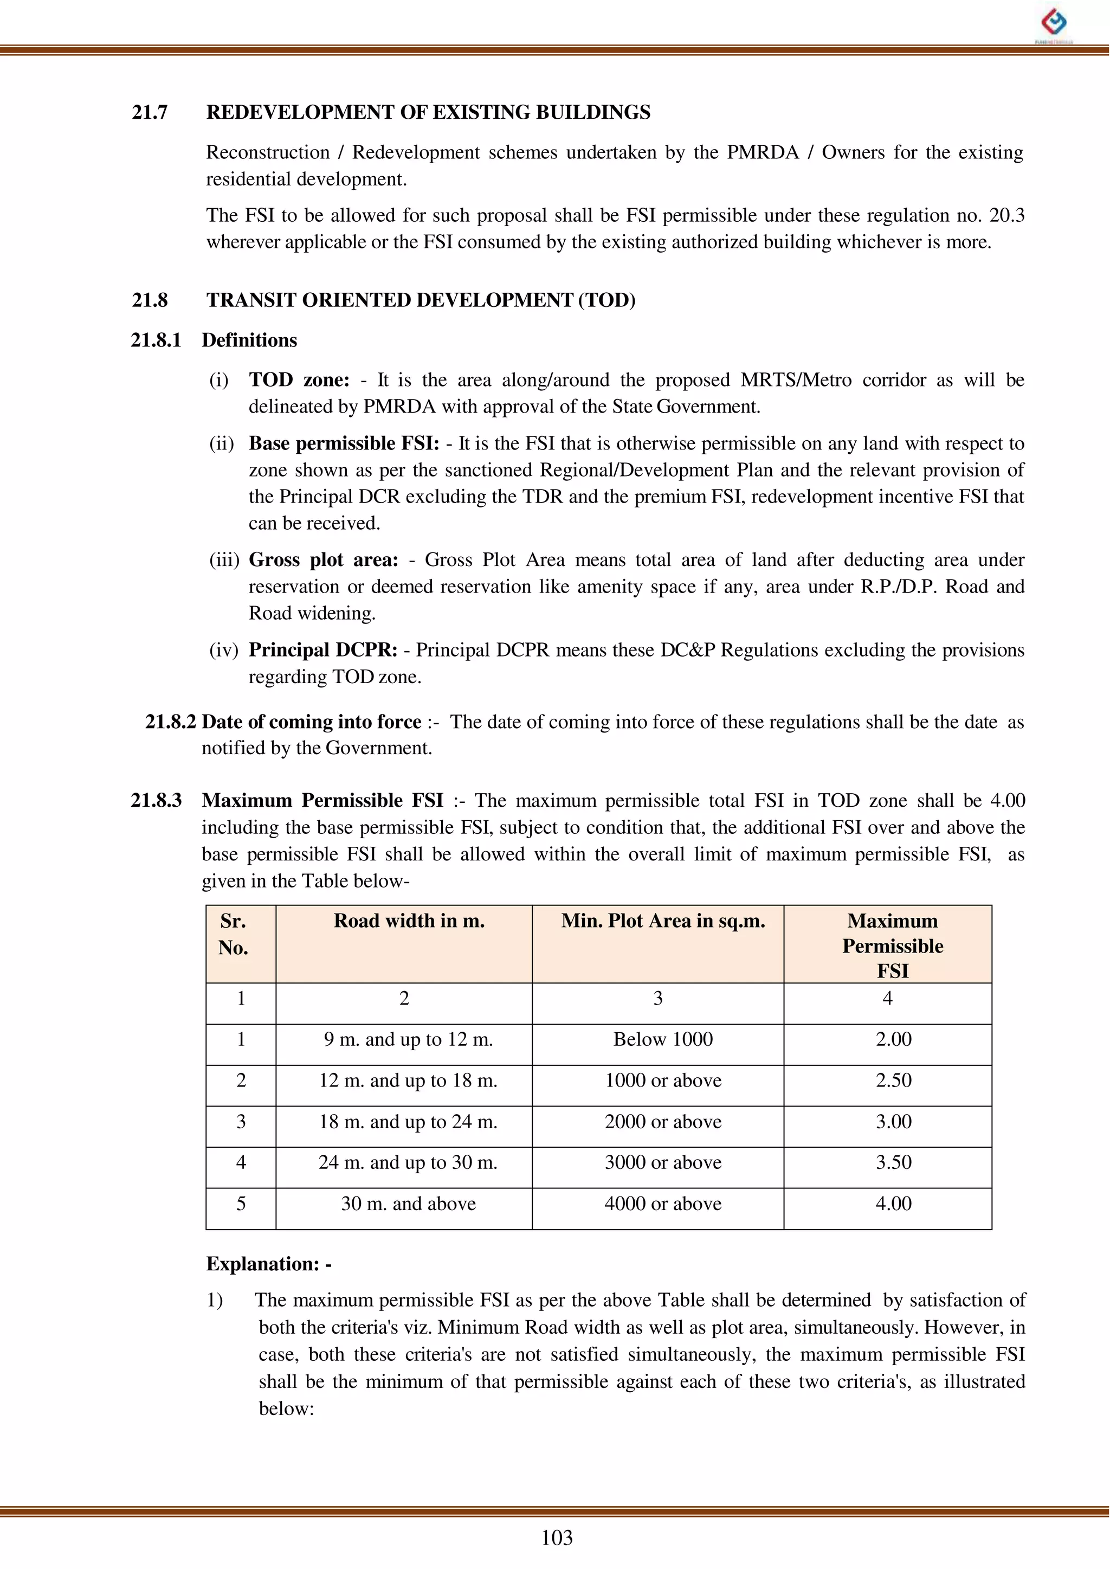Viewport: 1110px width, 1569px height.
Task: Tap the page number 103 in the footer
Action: tap(557, 1538)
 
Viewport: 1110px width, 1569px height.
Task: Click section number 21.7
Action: tap(150, 113)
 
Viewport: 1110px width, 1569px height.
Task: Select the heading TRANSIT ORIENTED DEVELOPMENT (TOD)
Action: tap(421, 300)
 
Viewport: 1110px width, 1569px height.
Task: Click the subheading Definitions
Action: tap(249, 340)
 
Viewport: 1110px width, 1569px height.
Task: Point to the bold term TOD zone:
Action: tap(299, 380)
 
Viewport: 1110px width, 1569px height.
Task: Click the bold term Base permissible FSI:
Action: tap(344, 443)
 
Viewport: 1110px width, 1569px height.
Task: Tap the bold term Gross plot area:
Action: tap(323, 560)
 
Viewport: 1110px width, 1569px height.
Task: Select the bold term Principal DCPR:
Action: tap(322, 650)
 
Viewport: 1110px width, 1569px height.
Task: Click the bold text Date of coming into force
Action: tap(311, 722)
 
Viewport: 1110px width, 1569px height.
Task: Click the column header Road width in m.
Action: tap(409, 921)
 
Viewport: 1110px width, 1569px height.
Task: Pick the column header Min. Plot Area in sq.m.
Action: tap(663, 921)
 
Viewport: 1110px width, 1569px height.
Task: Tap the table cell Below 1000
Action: tap(662, 1039)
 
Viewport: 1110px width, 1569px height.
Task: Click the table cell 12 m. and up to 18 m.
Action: tap(408, 1080)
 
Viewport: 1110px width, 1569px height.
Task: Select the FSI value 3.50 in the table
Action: tap(893, 1162)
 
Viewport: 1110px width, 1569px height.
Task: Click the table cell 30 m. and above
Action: tap(408, 1203)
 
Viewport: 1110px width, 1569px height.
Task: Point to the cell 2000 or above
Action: tap(662, 1121)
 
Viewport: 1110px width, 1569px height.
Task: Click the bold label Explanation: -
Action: tap(269, 1264)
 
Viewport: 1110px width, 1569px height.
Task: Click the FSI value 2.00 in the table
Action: tap(893, 1039)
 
